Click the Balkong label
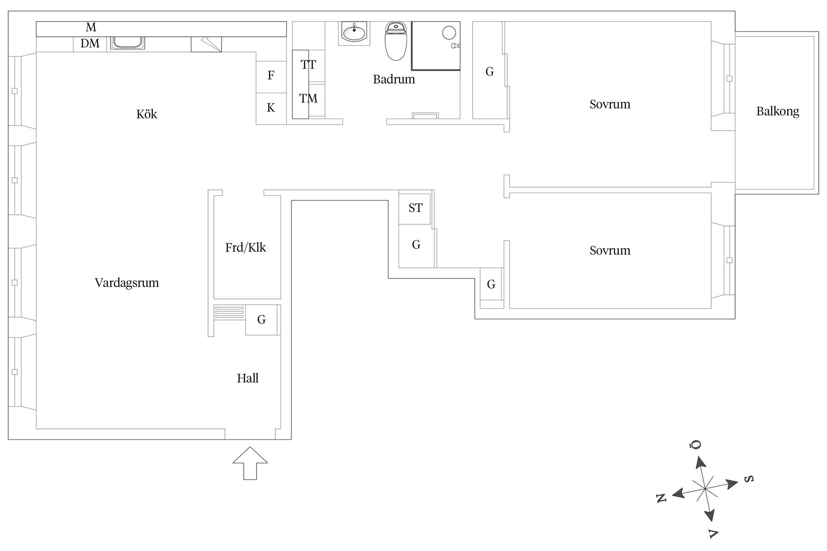[777, 111]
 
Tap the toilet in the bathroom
[396, 41]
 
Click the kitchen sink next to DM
[127, 43]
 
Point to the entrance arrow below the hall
[250, 463]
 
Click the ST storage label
[415, 208]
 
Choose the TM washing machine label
[308, 99]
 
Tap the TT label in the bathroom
[308, 65]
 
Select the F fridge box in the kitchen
[271, 77]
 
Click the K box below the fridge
[271, 109]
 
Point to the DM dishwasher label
[90, 43]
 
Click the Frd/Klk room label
[246, 248]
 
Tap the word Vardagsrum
[127, 283]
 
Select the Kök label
[146, 114]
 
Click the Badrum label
[394, 79]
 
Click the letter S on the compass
[749, 479]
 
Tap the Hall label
[248, 378]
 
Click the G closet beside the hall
[261, 320]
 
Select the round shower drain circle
[449, 33]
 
